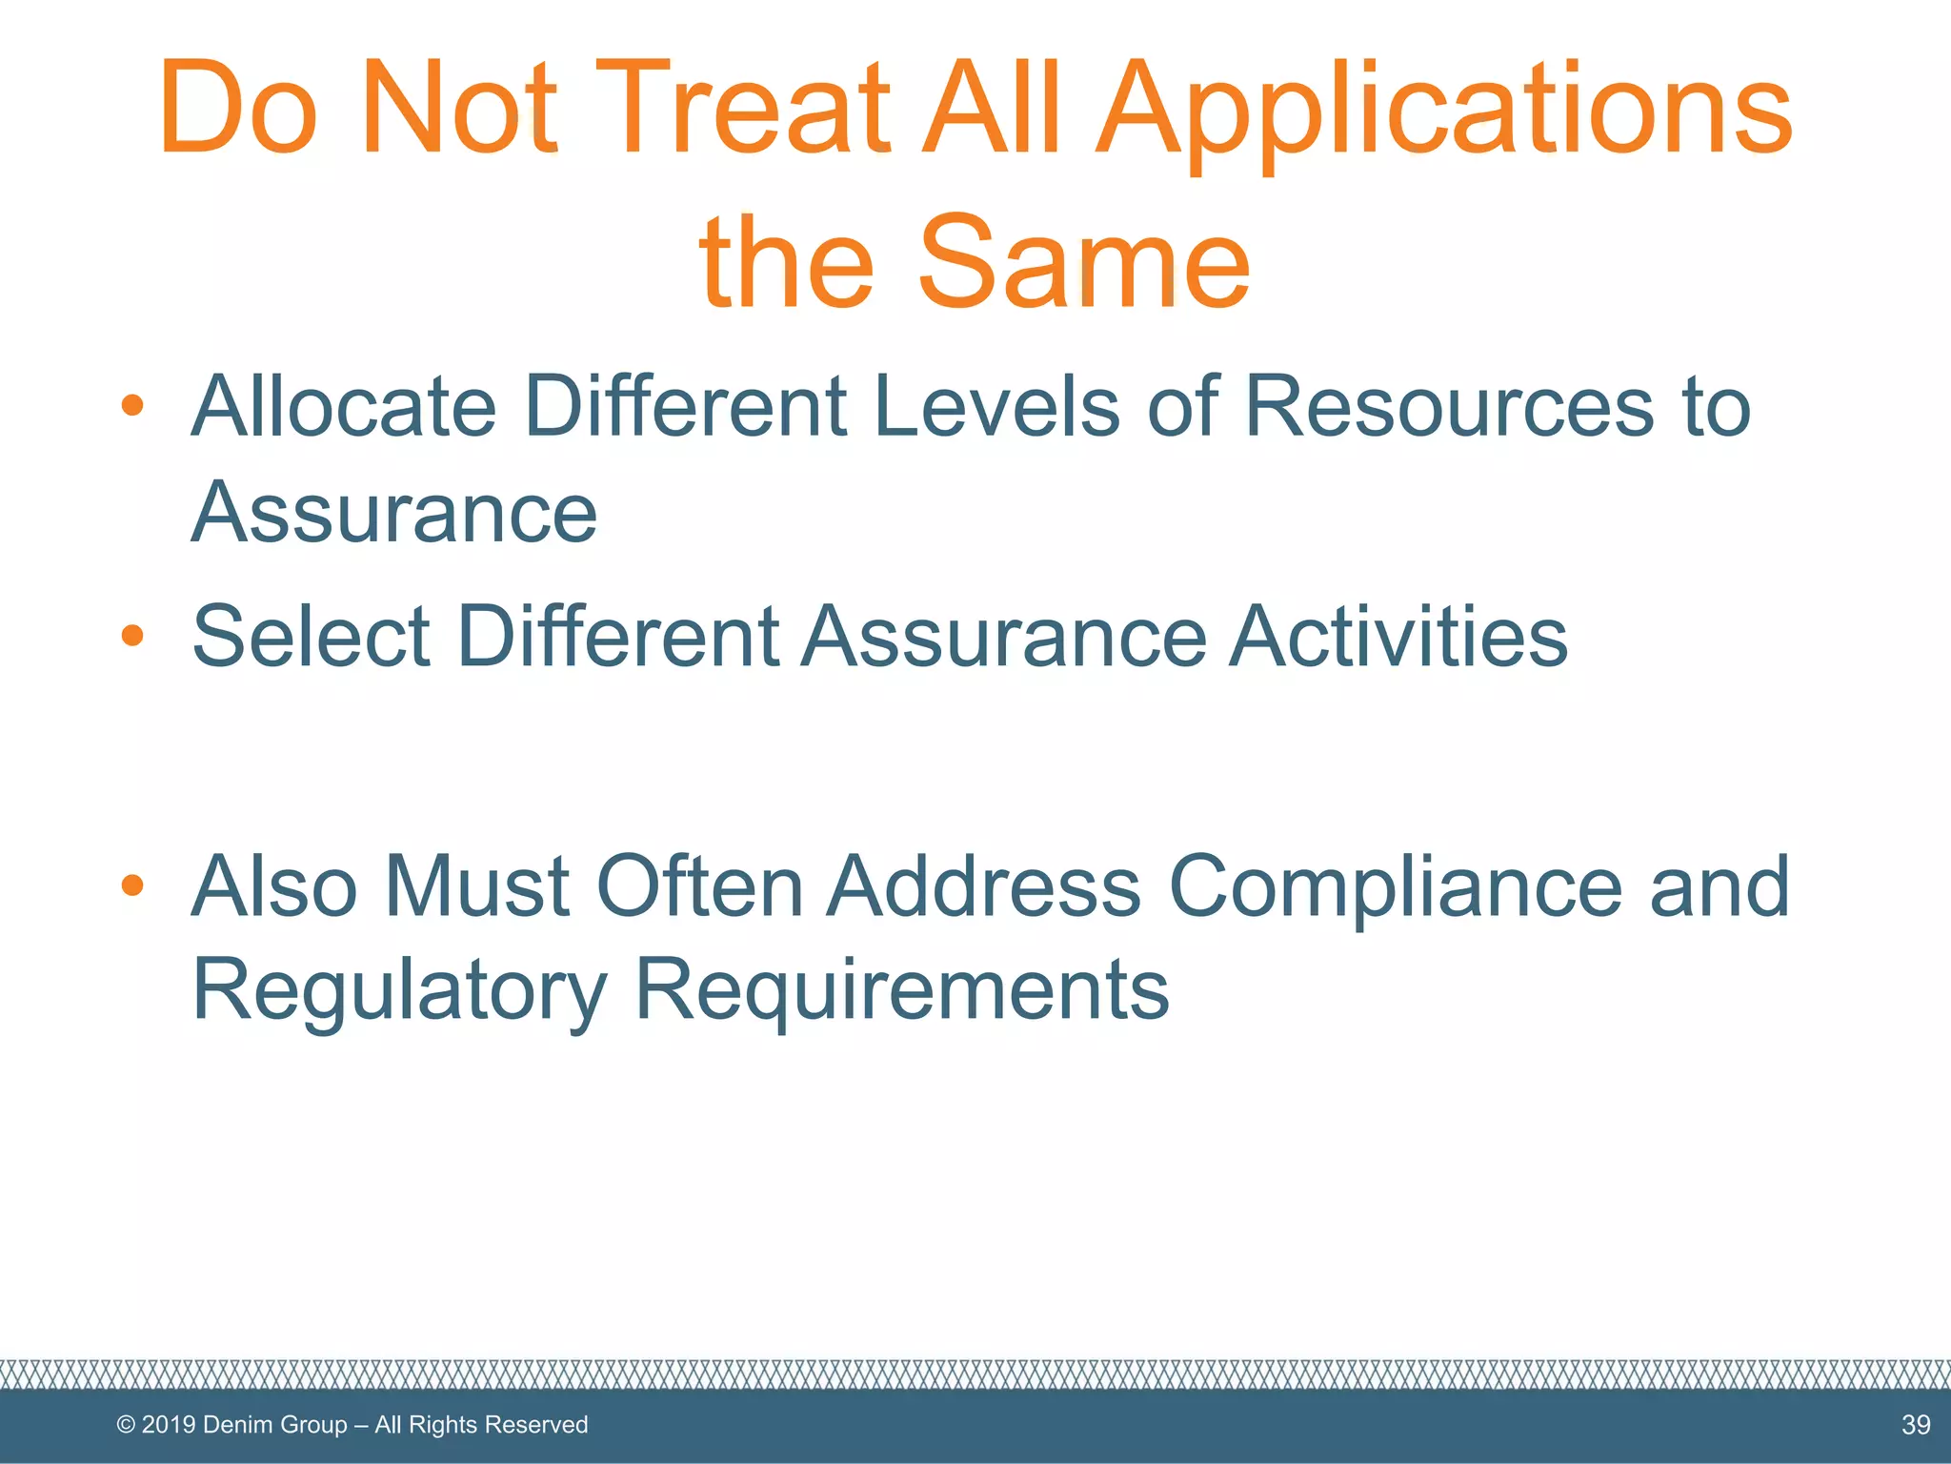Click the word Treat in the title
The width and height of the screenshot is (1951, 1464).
(x=740, y=107)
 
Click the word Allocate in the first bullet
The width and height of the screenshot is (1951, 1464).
(x=343, y=406)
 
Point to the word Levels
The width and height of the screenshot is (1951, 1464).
(x=996, y=406)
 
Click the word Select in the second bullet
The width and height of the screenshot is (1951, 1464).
(x=311, y=636)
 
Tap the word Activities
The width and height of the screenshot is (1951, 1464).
(x=1398, y=636)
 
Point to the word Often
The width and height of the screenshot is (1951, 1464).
(x=699, y=886)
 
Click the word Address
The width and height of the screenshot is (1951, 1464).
(x=984, y=886)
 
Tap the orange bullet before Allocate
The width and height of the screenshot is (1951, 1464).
(x=132, y=406)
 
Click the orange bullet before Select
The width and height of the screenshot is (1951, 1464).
(x=132, y=635)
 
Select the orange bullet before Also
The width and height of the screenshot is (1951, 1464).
(x=132, y=885)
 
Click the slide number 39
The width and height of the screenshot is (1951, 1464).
(x=1915, y=1425)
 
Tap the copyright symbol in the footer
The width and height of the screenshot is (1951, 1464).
(x=126, y=1425)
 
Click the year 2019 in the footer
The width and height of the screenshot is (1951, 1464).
(x=168, y=1425)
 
